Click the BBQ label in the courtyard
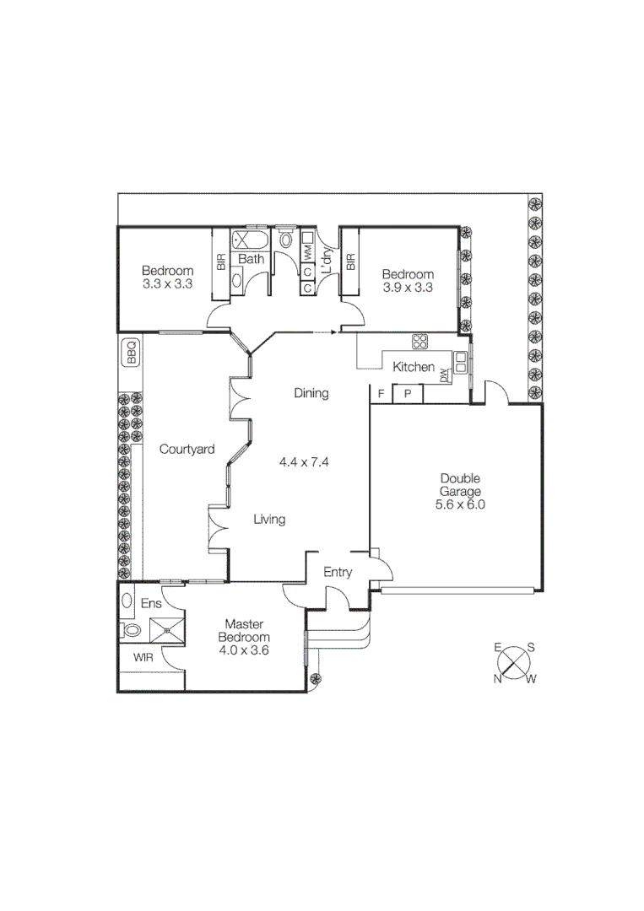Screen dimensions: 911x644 (131, 352)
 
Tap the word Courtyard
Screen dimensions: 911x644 (187, 450)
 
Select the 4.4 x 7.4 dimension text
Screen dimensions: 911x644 (303, 462)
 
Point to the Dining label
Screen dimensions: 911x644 (311, 393)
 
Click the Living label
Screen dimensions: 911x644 (269, 520)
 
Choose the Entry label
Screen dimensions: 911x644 (338, 573)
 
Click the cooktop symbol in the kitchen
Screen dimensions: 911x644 (419, 342)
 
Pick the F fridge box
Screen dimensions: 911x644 (381, 394)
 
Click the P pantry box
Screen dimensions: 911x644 (408, 394)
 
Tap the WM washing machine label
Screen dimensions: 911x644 (308, 251)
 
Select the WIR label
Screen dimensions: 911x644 (140, 657)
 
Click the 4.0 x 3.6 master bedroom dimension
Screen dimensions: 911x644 (244, 650)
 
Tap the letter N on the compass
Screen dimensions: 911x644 (498, 678)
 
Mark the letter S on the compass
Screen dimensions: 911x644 (530, 648)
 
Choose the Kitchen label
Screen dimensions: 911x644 (414, 368)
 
